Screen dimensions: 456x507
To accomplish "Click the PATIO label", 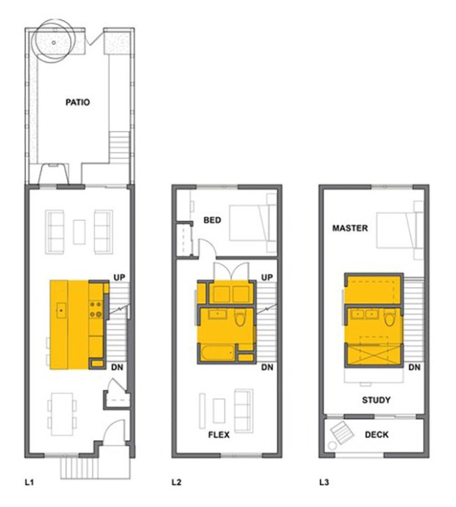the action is (x=77, y=102).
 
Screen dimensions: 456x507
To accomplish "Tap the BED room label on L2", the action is (x=213, y=220).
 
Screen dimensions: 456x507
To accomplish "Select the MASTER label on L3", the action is (x=350, y=228).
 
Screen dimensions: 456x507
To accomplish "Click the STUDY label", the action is (x=376, y=400).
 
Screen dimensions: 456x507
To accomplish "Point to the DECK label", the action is (x=377, y=435).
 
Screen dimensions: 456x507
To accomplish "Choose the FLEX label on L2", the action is (x=218, y=435).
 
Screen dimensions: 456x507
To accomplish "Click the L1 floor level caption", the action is (x=29, y=483).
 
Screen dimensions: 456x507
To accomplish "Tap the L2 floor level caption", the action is (x=177, y=483).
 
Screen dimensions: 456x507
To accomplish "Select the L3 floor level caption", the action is (x=324, y=483).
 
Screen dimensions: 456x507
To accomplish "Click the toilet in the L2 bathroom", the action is (x=240, y=318).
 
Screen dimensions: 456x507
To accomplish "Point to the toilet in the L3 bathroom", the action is (x=390, y=318).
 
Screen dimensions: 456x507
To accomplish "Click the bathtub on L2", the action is (x=217, y=353).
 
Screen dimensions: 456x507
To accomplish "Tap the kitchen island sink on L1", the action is (x=61, y=311).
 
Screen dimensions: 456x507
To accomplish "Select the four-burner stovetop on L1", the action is (x=96, y=309).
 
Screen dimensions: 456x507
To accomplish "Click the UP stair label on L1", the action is (x=119, y=277).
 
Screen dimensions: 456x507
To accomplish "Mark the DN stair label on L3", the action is (x=414, y=367).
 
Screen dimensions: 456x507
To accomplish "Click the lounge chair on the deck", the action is (x=342, y=432).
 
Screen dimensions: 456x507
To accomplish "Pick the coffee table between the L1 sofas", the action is (x=79, y=232).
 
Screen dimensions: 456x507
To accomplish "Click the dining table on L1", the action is (x=62, y=414).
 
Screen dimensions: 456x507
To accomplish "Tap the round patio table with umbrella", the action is (x=54, y=42).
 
